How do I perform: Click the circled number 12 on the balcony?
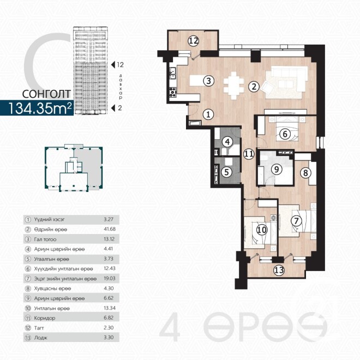pyautogui.click(x=193, y=41)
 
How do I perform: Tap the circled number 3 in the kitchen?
pyautogui.click(x=208, y=81)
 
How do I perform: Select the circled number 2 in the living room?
pyautogui.click(x=254, y=87)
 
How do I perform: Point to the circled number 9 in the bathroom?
pyautogui.click(x=277, y=169)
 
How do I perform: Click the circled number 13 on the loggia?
pyautogui.click(x=279, y=270)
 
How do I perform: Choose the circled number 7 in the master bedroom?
pyautogui.click(x=296, y=221)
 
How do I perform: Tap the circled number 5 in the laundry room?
pyautogui.click(x=226, y=172)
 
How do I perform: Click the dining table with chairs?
pyautogui.click(x=233, y=86)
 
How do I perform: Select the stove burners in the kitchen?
pyautogui.click(x=173, y=92)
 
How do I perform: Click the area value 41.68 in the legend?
pyautogui.click(x=110, y=229)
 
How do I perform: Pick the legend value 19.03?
pyautogui.click(x=110, y=279)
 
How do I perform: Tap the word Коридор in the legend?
pyautogui.click(x=45, y=318)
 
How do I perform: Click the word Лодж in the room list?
pyautogui.click(x=41, y=338)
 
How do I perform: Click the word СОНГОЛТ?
pyautogui.click(x=46, y=94)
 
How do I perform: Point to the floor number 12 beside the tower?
pyautogui.click(x=120, y=65)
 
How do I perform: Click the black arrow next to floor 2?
pyautogui.click(x=113, y=107)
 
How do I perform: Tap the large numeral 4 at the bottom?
pyautogui.click(x=170, y=327)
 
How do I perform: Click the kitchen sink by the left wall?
pyautogui.click(x=173, y=73)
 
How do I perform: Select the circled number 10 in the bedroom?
pyautogui.click(x=262, y=230)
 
